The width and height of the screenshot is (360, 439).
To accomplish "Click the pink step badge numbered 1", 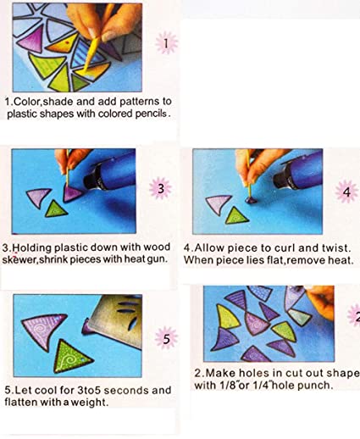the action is tap(166, 43).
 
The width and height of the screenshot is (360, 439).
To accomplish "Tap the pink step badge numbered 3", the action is tap(160, 188).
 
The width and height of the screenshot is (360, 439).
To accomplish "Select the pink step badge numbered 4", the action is tap(346, 192).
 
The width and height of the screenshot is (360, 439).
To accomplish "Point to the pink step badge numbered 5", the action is tap(166, 337).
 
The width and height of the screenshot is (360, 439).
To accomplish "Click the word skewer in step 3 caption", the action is tap(19, 259).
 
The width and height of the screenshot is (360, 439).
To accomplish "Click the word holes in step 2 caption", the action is tap(255, 373).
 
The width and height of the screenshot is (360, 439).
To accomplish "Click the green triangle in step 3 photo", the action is tap(56, 209).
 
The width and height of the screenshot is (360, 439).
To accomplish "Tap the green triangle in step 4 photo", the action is tap(236, 216).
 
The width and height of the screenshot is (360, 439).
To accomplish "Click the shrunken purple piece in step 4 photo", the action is tap(251, 200).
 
